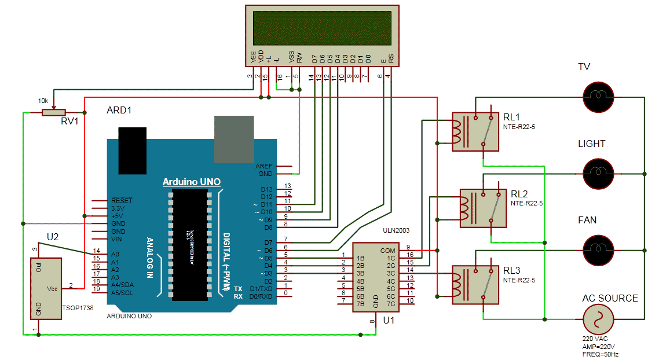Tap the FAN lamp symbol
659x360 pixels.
(598, 249)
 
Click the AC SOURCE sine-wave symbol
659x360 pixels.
(598, 319)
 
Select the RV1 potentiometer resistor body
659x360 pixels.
(54, 112)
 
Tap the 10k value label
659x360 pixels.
(43, 101)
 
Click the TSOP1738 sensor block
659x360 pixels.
(47, 288)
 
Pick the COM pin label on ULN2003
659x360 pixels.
(387, 251)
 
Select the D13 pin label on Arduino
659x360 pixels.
(266, 189)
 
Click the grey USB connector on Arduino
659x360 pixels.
(234, 139)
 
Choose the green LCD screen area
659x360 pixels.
(322, 25)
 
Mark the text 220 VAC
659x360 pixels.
(595, 339)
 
